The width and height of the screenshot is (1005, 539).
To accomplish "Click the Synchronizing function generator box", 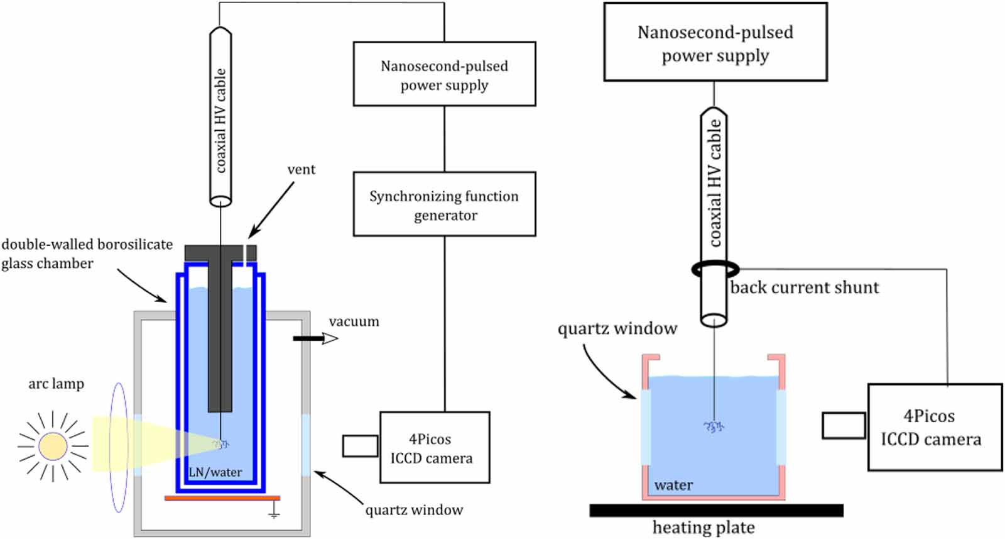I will (x=444, y=204).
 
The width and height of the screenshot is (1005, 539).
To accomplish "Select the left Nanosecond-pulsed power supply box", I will (x=444, y=74).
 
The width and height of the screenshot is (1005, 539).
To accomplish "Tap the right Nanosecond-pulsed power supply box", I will (x=715, y=42).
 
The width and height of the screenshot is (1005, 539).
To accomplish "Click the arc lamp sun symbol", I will (x=53, y=446).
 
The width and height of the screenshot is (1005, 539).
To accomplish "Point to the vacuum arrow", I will (x=315, y=338).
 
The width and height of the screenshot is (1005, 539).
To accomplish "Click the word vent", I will (x=301, y=169).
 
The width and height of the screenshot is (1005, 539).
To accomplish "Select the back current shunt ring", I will (x=714, y=269).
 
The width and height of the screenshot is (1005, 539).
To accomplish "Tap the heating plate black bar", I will (x=716, y=510).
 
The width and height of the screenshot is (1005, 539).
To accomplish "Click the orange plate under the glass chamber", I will (x=222, y=497).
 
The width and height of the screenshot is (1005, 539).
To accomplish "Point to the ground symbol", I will (x=274, y=513).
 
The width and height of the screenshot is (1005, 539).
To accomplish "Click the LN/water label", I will (x=215, y=472).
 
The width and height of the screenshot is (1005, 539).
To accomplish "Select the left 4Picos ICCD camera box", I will (x=435, y=448).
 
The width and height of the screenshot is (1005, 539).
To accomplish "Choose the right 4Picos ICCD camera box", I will (x=935, y=427).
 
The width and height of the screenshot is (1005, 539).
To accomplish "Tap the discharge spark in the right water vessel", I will (x=714, y=427).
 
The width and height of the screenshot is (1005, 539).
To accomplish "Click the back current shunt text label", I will (x=804, y=287).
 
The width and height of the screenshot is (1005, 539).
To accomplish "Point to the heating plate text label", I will (x=703, y=527).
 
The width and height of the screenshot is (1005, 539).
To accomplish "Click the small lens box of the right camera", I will (x=844, y=426).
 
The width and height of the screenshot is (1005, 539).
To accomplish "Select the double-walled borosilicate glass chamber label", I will (x=87, y=253).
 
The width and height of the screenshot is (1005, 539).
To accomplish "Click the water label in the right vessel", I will (x=673, y=485).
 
